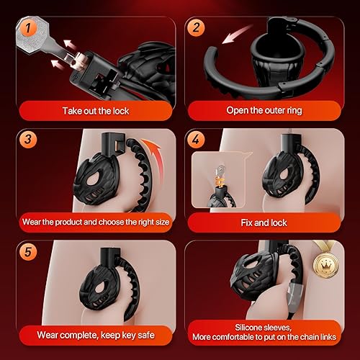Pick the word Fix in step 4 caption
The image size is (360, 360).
248,222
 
